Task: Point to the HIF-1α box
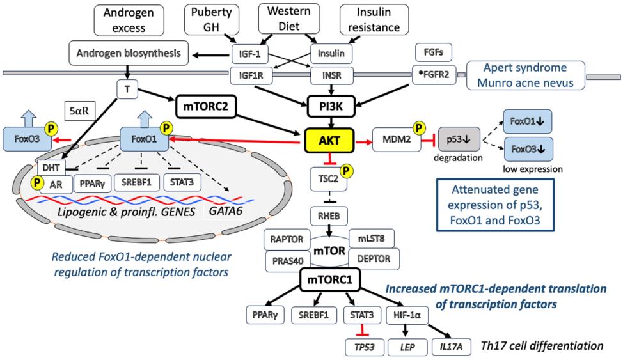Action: pyautogui.click(x=407, y=314)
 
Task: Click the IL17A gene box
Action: pyautogui.click(x=451, y=346)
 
